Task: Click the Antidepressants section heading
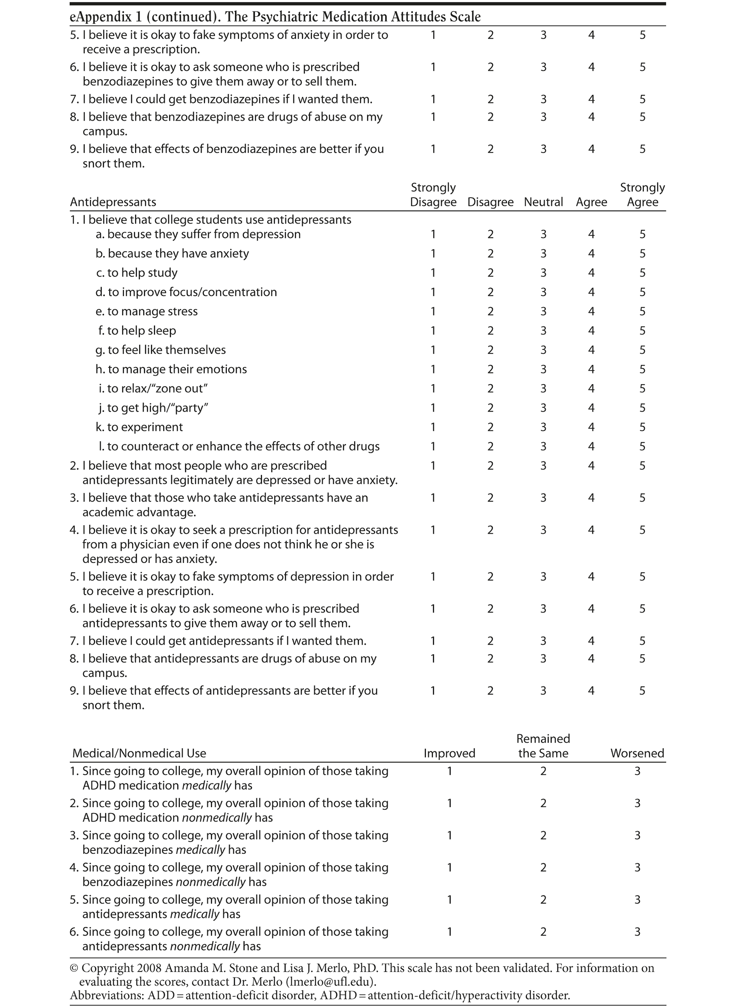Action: tap(113, 202)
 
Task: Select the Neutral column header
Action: tap(543, 202)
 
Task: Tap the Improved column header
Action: tap(449, 753)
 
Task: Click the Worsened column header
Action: tap(637, 753)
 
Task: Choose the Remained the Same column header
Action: tap(543, 746)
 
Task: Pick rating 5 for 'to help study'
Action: tap(642, 273)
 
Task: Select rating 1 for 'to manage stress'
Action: tap(433, 311)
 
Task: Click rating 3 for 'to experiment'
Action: tap(543, 427)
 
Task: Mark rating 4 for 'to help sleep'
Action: tap(591, 330)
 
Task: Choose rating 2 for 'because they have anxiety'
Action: tap(490, 253)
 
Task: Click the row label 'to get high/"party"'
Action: tap(157, 408)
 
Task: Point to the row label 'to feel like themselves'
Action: tap(166, 350)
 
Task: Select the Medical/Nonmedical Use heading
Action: tap(139, 753)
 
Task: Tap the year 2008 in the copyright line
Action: tap(150, 968)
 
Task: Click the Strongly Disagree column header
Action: tap(433, 195)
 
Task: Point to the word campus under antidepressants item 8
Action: tap(105, 673)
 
